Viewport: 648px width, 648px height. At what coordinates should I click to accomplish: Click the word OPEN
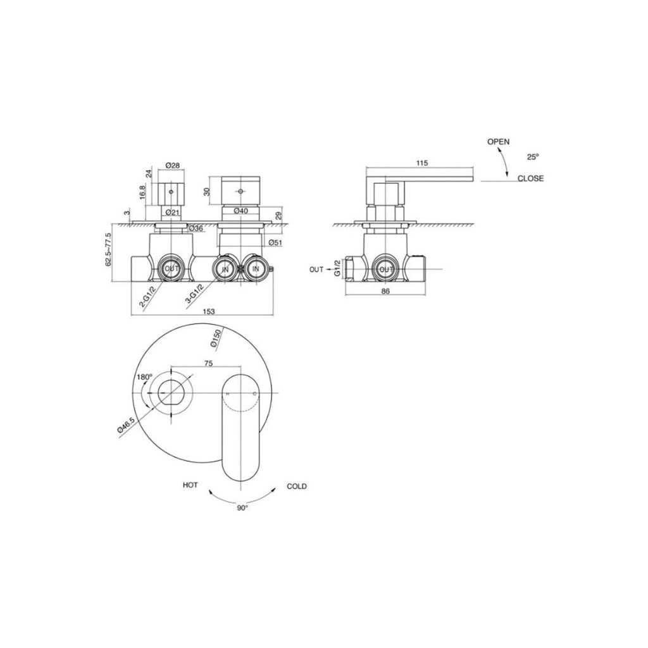point(498,142)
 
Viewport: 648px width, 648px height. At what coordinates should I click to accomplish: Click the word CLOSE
point(530,178)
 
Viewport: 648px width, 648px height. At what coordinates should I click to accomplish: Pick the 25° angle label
point(533,156)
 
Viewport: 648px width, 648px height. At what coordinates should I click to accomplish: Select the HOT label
point(190,485)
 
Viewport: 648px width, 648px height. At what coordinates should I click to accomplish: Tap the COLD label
point(296,486)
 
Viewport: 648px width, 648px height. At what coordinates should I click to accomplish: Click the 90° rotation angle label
point(242,508)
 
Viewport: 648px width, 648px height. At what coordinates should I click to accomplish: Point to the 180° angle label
point(144,377)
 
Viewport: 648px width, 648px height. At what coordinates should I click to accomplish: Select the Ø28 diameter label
point(172,166)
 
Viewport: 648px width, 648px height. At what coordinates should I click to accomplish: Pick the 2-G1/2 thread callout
point(147,296)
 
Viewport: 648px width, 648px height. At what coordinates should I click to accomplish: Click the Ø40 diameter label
point(240,211)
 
